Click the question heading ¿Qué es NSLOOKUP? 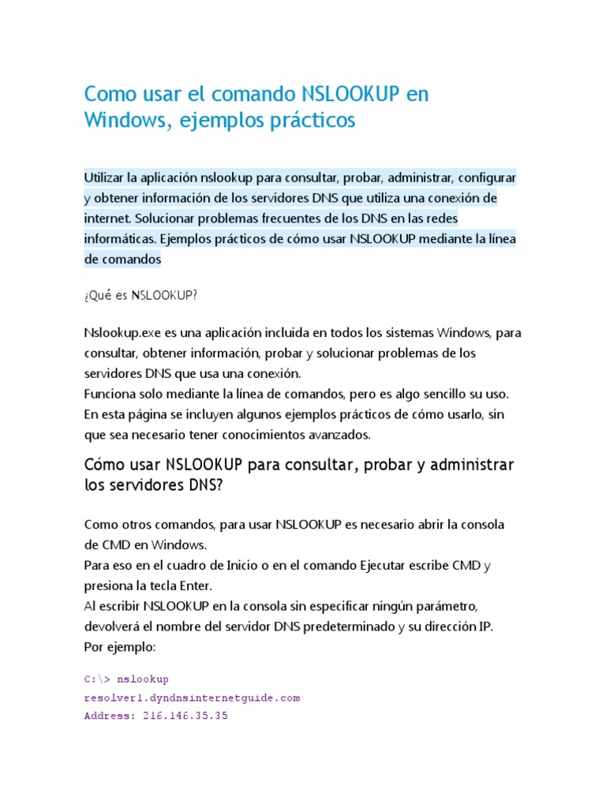pyautogui.click(x=140, y=295)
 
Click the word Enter pyautogui.click(x=193, y=586)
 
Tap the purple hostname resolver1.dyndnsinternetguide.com pyautogui.click(x=192, y=698)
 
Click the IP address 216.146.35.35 pyautogui.click(x=185, y=717)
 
